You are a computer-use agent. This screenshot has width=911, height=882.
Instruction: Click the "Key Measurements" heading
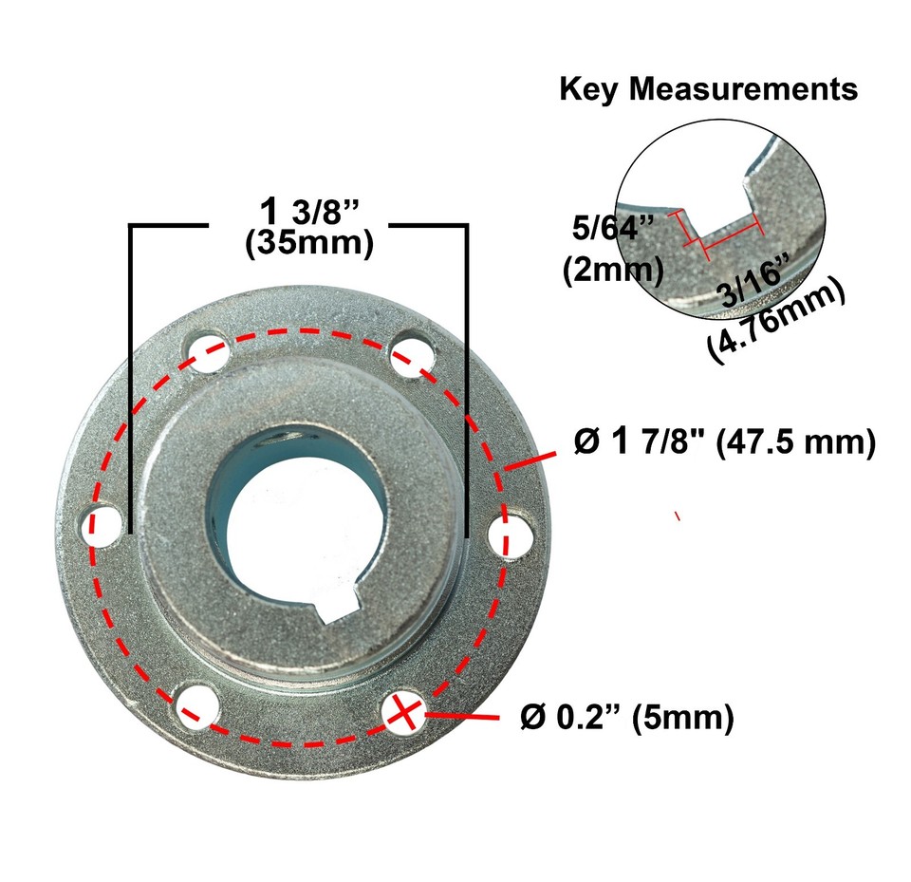[708, 89]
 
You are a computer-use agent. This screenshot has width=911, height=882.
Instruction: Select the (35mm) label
[307, 243]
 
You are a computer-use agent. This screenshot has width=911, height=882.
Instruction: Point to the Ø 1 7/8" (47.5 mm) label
[724, 442]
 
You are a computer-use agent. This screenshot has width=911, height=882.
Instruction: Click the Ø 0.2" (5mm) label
[627, 718]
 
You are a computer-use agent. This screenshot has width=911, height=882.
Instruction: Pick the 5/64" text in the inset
[616, 229]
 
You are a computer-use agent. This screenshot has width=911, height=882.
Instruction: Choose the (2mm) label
[612, 271]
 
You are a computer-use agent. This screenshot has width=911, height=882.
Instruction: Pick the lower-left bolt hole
[196, 704]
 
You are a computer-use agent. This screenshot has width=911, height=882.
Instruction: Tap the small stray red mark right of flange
[678, 516]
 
